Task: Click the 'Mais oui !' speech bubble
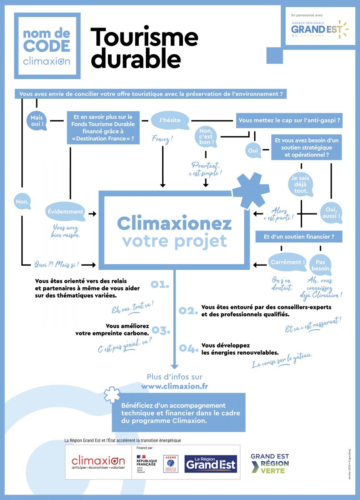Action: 37,120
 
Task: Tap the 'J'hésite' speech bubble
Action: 170,120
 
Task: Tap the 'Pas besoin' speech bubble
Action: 320,265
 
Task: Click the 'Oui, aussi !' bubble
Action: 332,212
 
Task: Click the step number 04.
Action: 188,348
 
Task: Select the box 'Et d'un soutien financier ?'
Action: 299,237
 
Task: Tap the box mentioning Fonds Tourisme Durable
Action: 103,127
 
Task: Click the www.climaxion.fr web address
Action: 175,386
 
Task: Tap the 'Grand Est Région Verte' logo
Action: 270,463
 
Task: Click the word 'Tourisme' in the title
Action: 144,37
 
